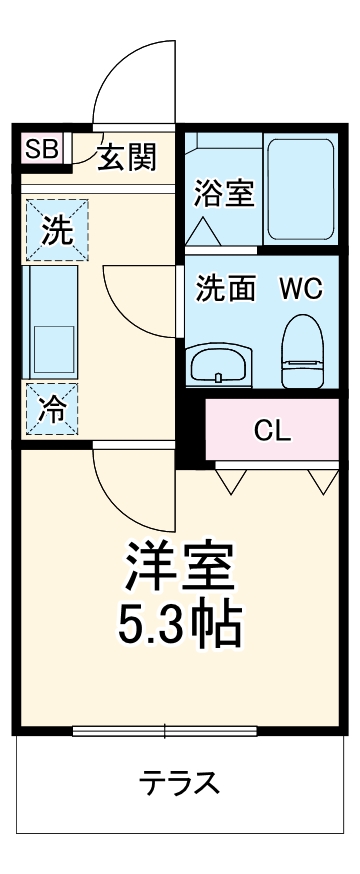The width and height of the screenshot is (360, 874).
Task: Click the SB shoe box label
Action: [42, 150]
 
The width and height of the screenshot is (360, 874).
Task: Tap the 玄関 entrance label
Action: [127, 157]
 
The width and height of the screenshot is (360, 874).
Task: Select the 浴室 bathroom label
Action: [223, 193]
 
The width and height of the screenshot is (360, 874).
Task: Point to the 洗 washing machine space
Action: [57, 231]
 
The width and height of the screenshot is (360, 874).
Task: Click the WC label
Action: [299, 289]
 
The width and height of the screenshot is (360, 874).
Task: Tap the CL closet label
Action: [272, 431]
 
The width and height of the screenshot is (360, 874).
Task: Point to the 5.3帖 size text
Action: [180, 623]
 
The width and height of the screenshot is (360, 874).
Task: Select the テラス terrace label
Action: [180, 781]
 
